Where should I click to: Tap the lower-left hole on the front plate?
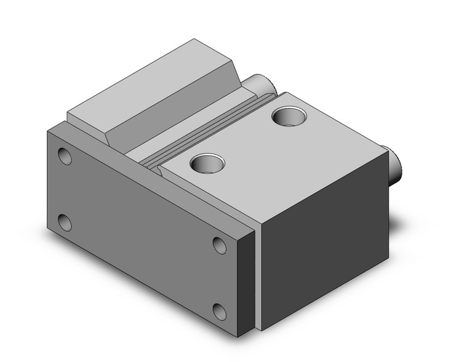[64, 221]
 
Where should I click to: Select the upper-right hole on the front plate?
[220, 245]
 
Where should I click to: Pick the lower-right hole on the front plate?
[219, 310]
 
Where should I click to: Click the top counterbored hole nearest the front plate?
[207, 163]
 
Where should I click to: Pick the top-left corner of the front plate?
[49, 130]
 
